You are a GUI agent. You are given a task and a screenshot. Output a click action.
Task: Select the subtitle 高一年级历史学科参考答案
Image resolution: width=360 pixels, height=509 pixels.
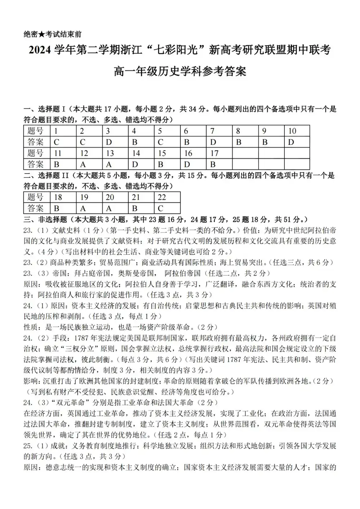click(x=180, y=71)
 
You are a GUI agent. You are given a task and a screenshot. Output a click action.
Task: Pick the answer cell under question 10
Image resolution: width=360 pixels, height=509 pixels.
click(x=296, y=142)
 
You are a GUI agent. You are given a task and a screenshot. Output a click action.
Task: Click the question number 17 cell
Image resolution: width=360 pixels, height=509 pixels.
click(x=220, y=153)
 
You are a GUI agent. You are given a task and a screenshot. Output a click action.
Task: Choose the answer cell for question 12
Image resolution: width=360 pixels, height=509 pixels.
click(x=89, y=165)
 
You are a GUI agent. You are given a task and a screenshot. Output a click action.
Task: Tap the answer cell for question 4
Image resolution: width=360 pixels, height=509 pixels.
click(x=141, y=142)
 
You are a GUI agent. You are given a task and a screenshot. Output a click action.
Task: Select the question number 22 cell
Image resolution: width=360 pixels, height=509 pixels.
click(x=167, y=197)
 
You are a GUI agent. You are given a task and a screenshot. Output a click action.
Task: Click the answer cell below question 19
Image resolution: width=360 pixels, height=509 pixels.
click(x=89, y=208)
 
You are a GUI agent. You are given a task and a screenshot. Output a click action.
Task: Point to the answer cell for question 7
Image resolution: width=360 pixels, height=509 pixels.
click(x=220, y=142)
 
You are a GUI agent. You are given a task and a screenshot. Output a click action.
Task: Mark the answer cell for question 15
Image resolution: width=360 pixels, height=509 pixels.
click(x=167, y=165)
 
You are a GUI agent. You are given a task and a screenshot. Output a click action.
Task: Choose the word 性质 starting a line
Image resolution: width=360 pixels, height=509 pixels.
click(x=31, y=327)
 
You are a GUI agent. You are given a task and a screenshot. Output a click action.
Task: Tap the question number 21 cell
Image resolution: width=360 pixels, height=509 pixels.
click(x=141, y=197)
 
